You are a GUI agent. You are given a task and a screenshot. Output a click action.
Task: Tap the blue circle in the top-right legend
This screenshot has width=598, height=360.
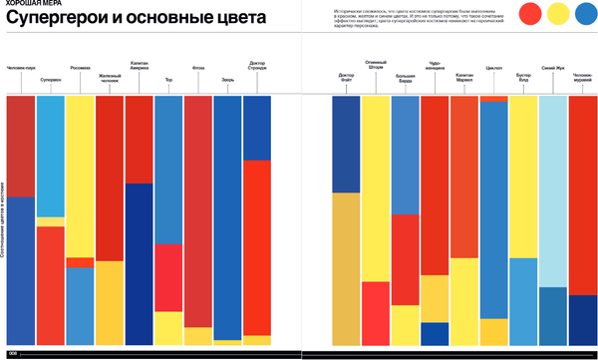[x=581, y=13]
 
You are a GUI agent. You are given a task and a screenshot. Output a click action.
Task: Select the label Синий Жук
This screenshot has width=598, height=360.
[x=552, y=68]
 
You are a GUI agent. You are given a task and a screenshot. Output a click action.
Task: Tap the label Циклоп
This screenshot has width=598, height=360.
[x=493, y=69]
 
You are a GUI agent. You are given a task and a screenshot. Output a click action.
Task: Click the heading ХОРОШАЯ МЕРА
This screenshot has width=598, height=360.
[x=30, y=5]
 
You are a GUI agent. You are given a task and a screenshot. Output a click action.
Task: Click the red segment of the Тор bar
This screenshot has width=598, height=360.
[x=168, y=278]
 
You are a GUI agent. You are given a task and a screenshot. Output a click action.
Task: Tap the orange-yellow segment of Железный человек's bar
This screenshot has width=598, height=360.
[x=110, y=303]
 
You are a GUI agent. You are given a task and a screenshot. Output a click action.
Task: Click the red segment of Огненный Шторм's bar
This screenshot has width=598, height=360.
[x=376, y=313]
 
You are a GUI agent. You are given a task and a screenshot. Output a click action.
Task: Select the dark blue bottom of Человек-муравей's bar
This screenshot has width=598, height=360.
[x=582, y=320]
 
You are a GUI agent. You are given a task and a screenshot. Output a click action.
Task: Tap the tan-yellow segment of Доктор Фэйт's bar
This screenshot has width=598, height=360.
[x=346, y=269]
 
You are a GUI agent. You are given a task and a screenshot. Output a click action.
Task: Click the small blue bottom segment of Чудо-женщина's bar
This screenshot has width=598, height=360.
[x=435, y=334]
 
